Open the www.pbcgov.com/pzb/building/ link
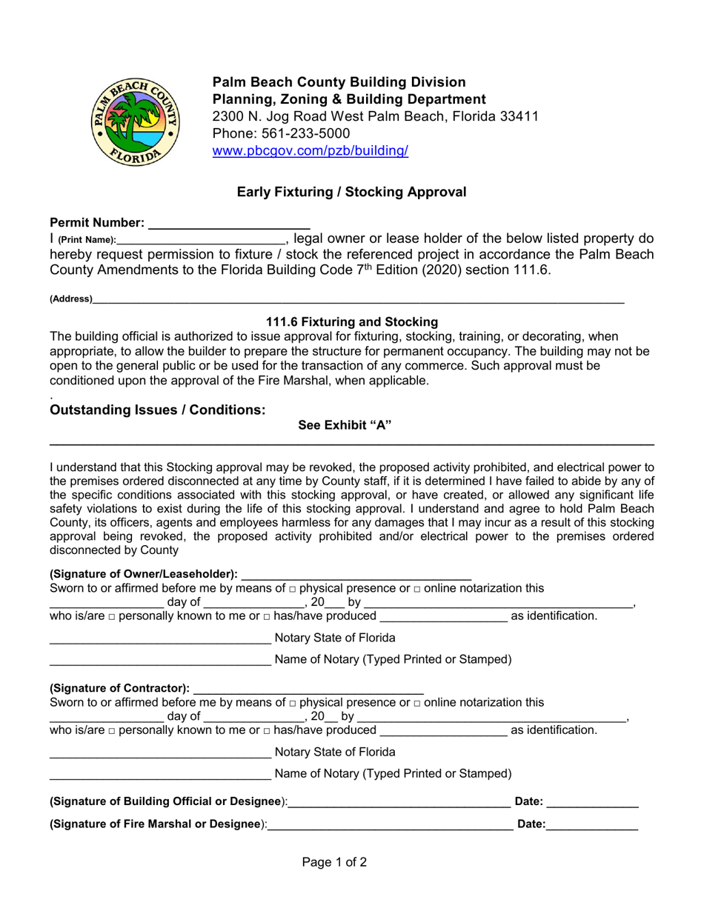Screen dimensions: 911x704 pyautogui.click(x=310, y=151)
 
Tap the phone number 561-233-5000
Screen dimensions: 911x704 pyautogui.click(x=303, y=133)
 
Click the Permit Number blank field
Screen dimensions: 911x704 pyautogui.click(x=229, y=222)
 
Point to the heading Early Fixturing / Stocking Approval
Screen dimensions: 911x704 pyautogui.click(x=351, y=192)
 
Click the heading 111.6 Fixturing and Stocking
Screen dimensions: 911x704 pyautogui.click(x=351, y=322)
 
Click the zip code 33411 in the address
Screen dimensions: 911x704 pyautogui.click(x=519, y=116)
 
